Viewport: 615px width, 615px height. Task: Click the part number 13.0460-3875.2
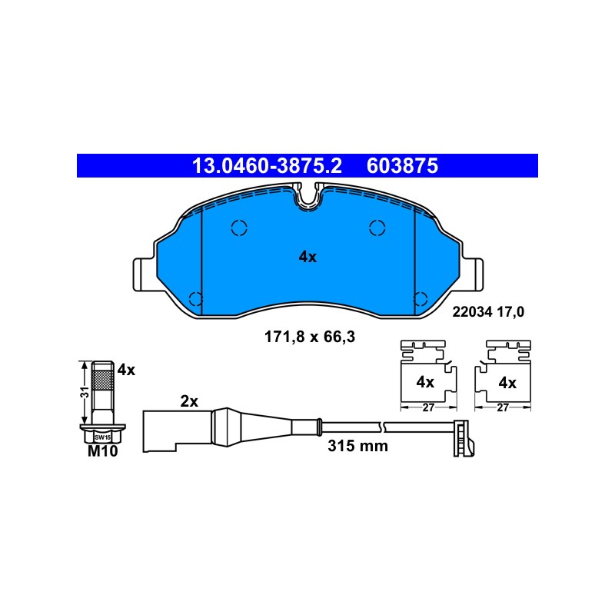coord(267,165)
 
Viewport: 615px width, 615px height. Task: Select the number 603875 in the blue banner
coord(402,165)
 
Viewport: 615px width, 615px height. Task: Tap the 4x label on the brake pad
coord(307,257)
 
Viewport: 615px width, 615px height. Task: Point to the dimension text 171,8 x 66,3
coord(310,337)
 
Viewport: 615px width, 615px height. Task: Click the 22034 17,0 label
coord(488,312)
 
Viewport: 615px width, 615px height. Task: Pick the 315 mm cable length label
coord(357,446)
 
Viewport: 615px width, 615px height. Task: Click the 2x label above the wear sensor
coord(189,401)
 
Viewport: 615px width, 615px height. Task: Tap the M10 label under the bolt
coord(103,451)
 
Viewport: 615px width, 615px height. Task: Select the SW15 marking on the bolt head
coord(102,437)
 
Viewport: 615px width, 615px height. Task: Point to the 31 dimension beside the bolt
coord(85,392)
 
